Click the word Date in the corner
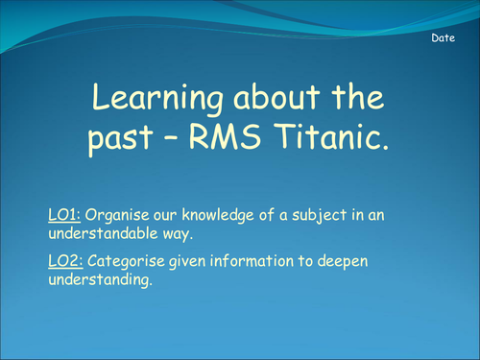pos(442,37)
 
